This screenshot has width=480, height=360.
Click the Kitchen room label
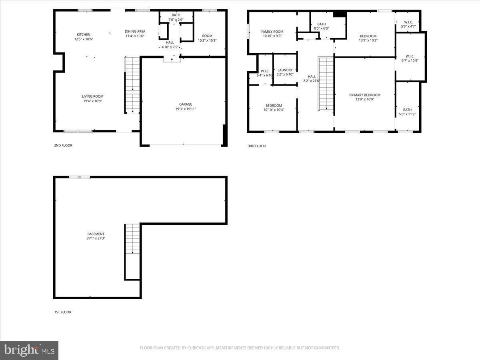coord(84,35)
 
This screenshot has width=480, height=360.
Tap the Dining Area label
coord(135,32)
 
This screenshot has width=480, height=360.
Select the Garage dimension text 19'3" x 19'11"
coord(185,109)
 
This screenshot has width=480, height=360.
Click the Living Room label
coord(92,96)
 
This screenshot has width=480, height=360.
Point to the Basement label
coord(96,234)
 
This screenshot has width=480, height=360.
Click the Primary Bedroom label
coord(364,95)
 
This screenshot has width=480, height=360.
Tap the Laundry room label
coord(285,70)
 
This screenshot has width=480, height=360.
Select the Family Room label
coord(272,32)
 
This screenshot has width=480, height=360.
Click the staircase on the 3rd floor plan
coord(326,84)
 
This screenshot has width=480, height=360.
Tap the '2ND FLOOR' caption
coord(63,146)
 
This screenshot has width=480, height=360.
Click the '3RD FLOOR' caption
coord(256,146)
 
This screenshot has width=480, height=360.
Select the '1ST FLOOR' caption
coord(63,312)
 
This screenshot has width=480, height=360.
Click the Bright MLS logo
coord(29,350)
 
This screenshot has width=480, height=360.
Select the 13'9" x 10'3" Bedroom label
coord(368,36)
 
